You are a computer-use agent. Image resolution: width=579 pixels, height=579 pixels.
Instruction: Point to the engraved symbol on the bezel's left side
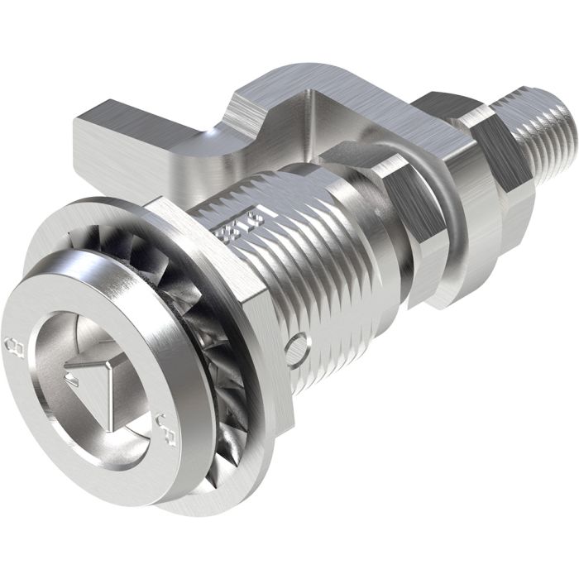11,342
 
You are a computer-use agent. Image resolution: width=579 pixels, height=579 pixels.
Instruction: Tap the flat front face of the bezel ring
50,430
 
